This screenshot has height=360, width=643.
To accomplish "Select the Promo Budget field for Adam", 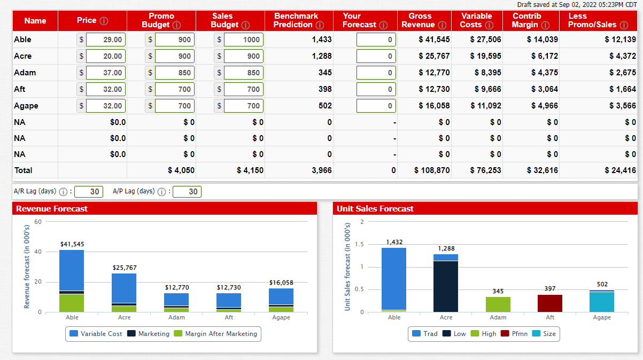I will click(x=174, y=73).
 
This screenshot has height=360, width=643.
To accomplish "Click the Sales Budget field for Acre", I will click(x=244, y=56).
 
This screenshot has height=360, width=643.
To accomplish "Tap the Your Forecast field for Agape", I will click(x=376, y=106).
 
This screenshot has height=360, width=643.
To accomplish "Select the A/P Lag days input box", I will click(x=187, y=191).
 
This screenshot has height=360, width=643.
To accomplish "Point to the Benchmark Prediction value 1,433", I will click(x=321, y=40).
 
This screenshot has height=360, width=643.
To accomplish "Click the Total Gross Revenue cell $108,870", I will click(x=432, y=170).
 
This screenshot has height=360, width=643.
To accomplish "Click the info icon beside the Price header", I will click(x=104, y=21).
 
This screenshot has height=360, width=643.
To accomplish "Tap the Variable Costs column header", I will click(x=477, y=20).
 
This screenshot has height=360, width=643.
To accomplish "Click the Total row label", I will click(x=24, y=170).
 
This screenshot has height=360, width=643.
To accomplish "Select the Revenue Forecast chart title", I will click(x=52, y=208).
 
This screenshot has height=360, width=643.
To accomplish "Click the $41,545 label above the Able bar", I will click(x=72, y=244).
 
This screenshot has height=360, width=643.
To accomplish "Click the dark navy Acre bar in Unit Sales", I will click(x=446, y=286).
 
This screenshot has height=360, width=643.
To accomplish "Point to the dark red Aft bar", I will click(x=550, y=303).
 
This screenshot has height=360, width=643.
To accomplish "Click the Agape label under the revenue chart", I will click(x=281, y=317).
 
